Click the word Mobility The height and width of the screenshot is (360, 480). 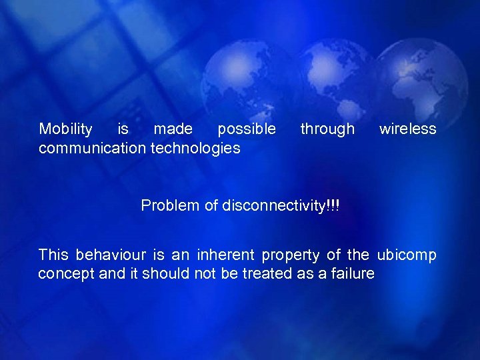66,129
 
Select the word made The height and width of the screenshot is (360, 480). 173,129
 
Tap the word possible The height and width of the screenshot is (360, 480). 247,129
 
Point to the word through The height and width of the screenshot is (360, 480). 327,129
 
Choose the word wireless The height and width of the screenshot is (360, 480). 408,129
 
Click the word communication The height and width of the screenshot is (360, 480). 93,148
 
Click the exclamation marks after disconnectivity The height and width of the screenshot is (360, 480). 333,205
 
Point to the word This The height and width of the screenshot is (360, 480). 53,255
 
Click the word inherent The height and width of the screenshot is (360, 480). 229,255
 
